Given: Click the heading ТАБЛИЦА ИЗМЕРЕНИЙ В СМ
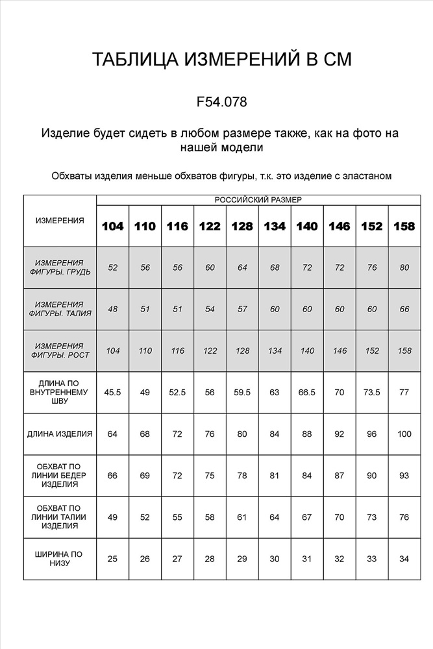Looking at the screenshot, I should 221,60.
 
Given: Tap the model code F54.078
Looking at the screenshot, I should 221,102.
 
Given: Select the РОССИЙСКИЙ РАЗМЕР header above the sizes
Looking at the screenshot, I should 258,200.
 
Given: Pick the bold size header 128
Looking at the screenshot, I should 242,227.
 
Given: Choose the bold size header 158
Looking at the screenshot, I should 404,227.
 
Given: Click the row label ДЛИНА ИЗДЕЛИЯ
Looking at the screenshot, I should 60,434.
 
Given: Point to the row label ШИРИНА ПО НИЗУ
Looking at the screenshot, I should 60,559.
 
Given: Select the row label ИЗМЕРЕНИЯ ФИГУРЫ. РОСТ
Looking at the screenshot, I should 60,350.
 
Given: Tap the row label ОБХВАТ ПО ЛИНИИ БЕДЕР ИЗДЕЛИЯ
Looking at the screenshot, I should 60,475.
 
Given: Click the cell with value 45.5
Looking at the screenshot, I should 113,392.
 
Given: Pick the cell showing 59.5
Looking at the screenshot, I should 242,392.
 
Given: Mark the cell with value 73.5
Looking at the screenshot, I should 372,392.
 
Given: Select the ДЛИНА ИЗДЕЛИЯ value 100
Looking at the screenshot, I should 404,434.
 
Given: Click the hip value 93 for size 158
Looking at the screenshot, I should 404,475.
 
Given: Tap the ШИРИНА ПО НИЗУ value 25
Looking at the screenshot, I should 113,559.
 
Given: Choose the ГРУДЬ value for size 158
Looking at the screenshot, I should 404,267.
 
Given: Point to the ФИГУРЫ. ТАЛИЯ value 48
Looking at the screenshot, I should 113,309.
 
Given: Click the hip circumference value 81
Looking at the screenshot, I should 275,475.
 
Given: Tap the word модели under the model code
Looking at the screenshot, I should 241,147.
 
